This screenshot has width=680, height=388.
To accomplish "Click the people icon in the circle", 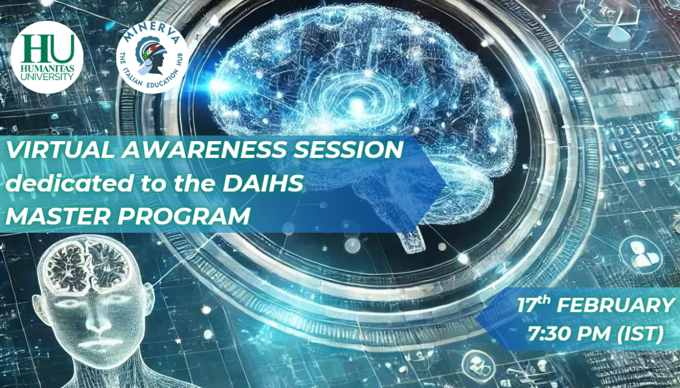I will tap(642, 255).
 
